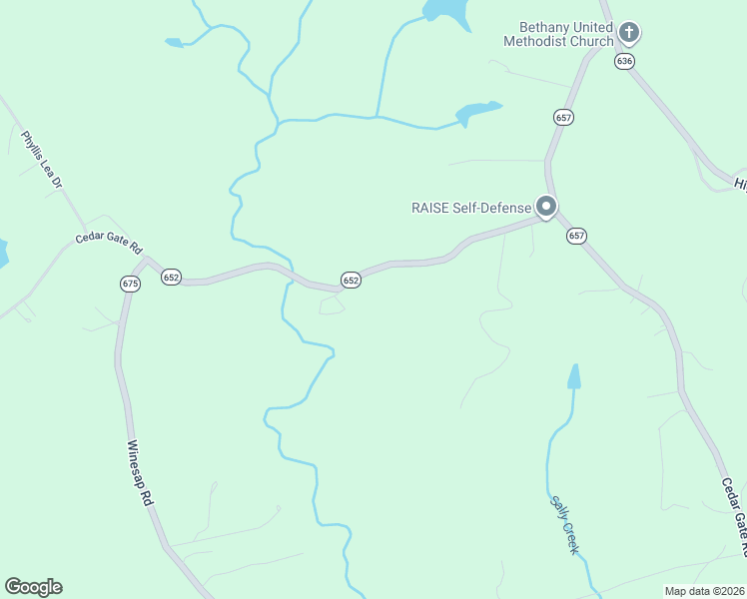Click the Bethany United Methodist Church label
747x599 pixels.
pyautogui.click(x=558, y=34)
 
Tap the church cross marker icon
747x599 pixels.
pyautogui.click(x=629, y=32)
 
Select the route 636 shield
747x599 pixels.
pyautogui.click(x=625, y=61)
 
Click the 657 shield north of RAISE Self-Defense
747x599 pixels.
pyautogui.click(x=564, y=117)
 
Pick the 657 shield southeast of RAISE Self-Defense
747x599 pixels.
pyautogui.click(x=576, y=236)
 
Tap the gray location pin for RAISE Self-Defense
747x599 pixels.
pyautogui.click(x=546, y=206)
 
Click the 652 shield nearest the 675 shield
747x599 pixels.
pyautogui.click(x=171, y=277)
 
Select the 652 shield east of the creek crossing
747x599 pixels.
pyautogui.click(x=351, y=281)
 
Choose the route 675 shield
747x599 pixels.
pyautogui.click(x=131, y=284)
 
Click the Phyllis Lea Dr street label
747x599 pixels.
pyautogui.click(x=43, y=160)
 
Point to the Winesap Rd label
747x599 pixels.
pyautogui.click(x=141, y=472)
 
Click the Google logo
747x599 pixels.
pyautogui.click(x=33, y=587)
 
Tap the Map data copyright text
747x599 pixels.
pyautogui.click(x=705, y=591)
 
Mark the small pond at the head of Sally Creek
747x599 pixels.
pyautogui.click(x=573, y=377)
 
